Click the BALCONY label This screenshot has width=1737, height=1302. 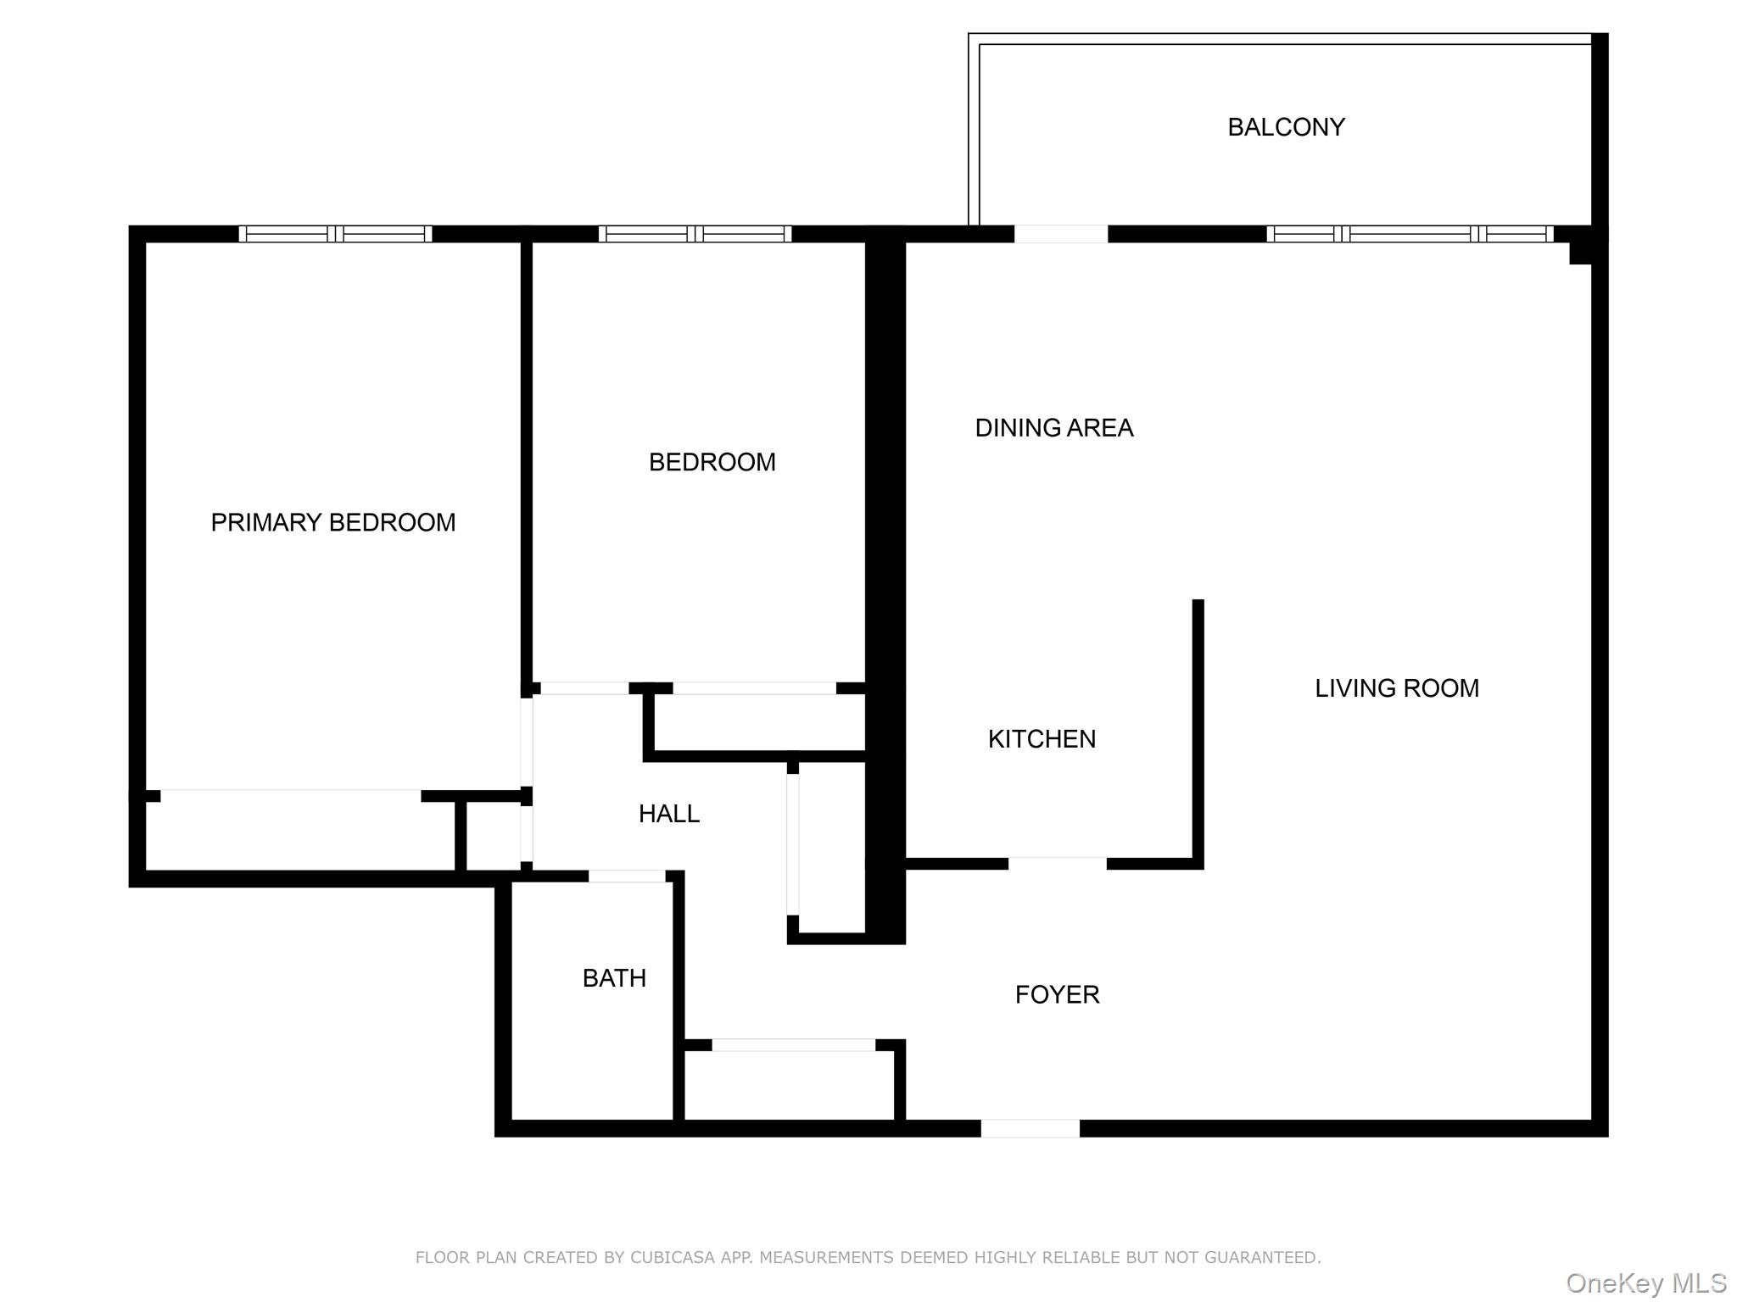point(1286,127)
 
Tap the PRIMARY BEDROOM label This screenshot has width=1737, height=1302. point(333,522)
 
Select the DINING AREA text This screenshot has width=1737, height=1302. point(1053,428)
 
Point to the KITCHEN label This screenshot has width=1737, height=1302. point(1042,739)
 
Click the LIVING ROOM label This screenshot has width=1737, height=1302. point(1396,688)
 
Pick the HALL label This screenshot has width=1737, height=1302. point(668,814)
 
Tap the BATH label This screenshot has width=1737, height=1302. point(614,978)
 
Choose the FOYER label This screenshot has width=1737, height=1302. point(1057,994)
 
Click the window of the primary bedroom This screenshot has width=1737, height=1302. point(335,234)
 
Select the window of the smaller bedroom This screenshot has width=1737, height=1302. point(695,234)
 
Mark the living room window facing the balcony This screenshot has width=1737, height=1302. point(1410,234)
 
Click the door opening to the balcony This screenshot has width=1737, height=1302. point(1061,234)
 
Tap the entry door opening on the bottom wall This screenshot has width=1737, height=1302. point(1030,1128)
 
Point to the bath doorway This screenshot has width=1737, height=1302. point(627,876)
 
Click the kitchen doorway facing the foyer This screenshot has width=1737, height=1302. point(1057,863)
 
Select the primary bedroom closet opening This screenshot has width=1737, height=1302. point(290,795)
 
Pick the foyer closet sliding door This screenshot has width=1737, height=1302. point(793,1045)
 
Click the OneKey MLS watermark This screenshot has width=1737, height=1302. point(1645,1283)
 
